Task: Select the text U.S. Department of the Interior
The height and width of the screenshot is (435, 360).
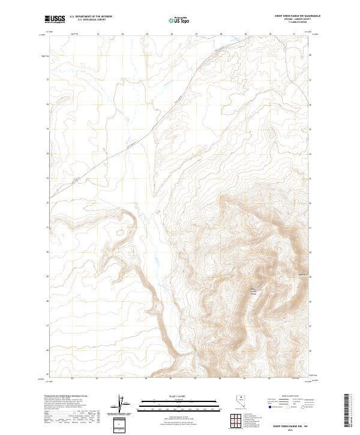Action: [91, 17]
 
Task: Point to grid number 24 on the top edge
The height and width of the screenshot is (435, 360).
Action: [122, 34]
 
